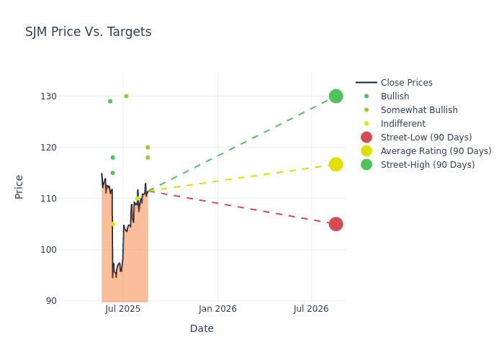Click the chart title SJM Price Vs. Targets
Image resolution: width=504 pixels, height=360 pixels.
pyautogui.click(x=88, y=32)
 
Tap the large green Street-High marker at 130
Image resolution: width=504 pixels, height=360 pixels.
pyautogui.click(x=336, y=96)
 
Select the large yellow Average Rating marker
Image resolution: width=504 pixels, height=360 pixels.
pyautogui.click(x=336, y=164)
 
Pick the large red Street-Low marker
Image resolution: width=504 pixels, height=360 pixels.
pyautogui.click(x=336, y=224)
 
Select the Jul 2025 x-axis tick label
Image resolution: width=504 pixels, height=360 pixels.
pyautogui.click(x=122, y=310)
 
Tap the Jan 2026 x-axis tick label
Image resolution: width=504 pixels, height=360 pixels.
pyautogui.click(x=217, y=310)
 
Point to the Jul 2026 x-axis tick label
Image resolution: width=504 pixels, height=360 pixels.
pyautogui.click(x=311, y=310)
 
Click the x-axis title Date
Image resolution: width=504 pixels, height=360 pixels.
pyautogui.click(x=202, y=329)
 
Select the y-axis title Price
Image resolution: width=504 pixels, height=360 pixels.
pyautogui.click(x=19, y=186)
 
